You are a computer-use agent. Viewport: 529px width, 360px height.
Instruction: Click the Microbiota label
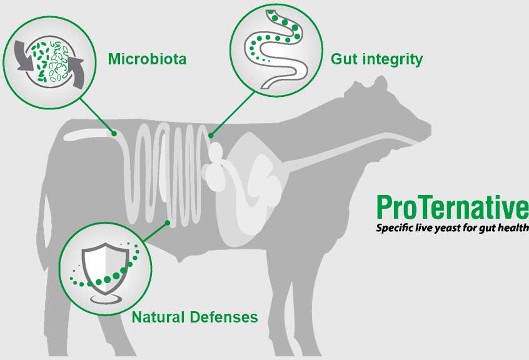147,59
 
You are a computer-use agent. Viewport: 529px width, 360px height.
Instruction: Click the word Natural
158,317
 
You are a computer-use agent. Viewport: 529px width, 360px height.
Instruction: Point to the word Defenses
224,317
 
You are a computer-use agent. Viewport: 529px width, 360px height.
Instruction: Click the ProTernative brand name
453,207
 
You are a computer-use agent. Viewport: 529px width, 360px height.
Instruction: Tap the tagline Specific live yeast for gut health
453,228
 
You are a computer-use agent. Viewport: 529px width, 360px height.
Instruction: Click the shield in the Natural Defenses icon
105,268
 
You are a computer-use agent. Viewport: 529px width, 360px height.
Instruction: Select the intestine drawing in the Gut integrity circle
276,49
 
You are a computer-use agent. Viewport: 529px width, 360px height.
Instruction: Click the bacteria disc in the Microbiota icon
49,62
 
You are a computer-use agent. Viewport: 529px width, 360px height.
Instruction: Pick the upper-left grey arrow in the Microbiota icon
24,56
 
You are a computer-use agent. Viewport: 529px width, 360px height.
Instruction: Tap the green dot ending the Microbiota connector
114,134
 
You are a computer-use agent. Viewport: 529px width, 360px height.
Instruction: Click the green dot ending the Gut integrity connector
211,136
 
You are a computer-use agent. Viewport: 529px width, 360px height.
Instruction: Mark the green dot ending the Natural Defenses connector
167,222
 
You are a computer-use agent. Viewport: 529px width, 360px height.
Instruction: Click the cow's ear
380,84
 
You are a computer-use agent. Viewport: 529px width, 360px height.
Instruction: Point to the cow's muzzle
423,130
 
